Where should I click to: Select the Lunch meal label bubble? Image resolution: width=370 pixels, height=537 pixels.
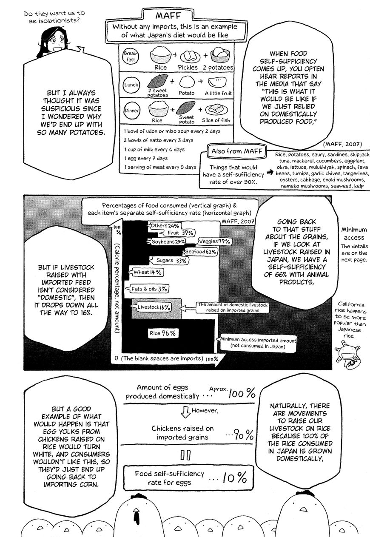click(x=131, y=85)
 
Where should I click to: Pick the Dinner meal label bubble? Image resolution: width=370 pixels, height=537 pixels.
click(x=131, y=111)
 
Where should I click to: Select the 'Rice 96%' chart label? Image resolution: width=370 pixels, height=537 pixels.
click(x=162, y=333)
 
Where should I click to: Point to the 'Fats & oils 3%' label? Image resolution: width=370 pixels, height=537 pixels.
click(x=149, y=289)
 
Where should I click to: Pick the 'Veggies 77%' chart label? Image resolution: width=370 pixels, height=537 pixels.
click(x=217, y=242)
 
